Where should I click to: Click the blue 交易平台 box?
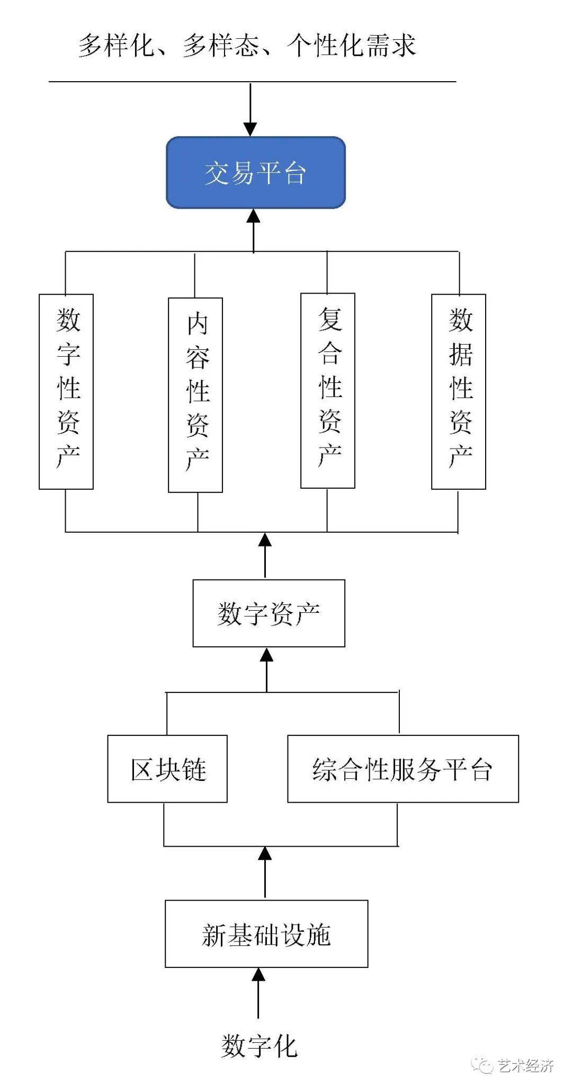[x=256, y=172]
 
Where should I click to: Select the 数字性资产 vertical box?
[x=66, y=391]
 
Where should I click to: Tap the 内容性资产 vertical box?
[x=195, y=395]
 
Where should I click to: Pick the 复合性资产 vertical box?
[x=328, y=390]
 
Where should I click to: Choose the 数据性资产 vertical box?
[x=459, y=391]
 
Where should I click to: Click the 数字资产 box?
[x=269, y=613]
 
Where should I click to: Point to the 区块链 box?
[x=167, y=768]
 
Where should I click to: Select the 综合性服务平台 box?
[x=403, y=768]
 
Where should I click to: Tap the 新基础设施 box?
[x=266, y=934]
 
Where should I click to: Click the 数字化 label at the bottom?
[x=259, y=1046]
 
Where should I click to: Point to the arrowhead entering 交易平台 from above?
[x=250, y=129]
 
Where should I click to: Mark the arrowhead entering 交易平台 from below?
[x=254, y=216]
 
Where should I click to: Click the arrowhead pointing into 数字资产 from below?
[x=266, y=655]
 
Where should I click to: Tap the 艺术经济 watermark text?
[x=526, y=1066]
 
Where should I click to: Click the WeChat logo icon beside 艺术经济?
[x=483, y=1066]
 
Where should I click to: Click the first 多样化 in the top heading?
[x=117, y=46]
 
